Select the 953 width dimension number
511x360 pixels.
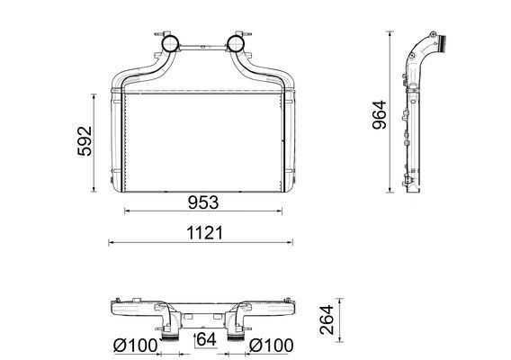click(x=202, y=201)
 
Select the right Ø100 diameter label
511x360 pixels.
click(x=268, y=345)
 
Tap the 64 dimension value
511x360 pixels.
click(x=206, y=339)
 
